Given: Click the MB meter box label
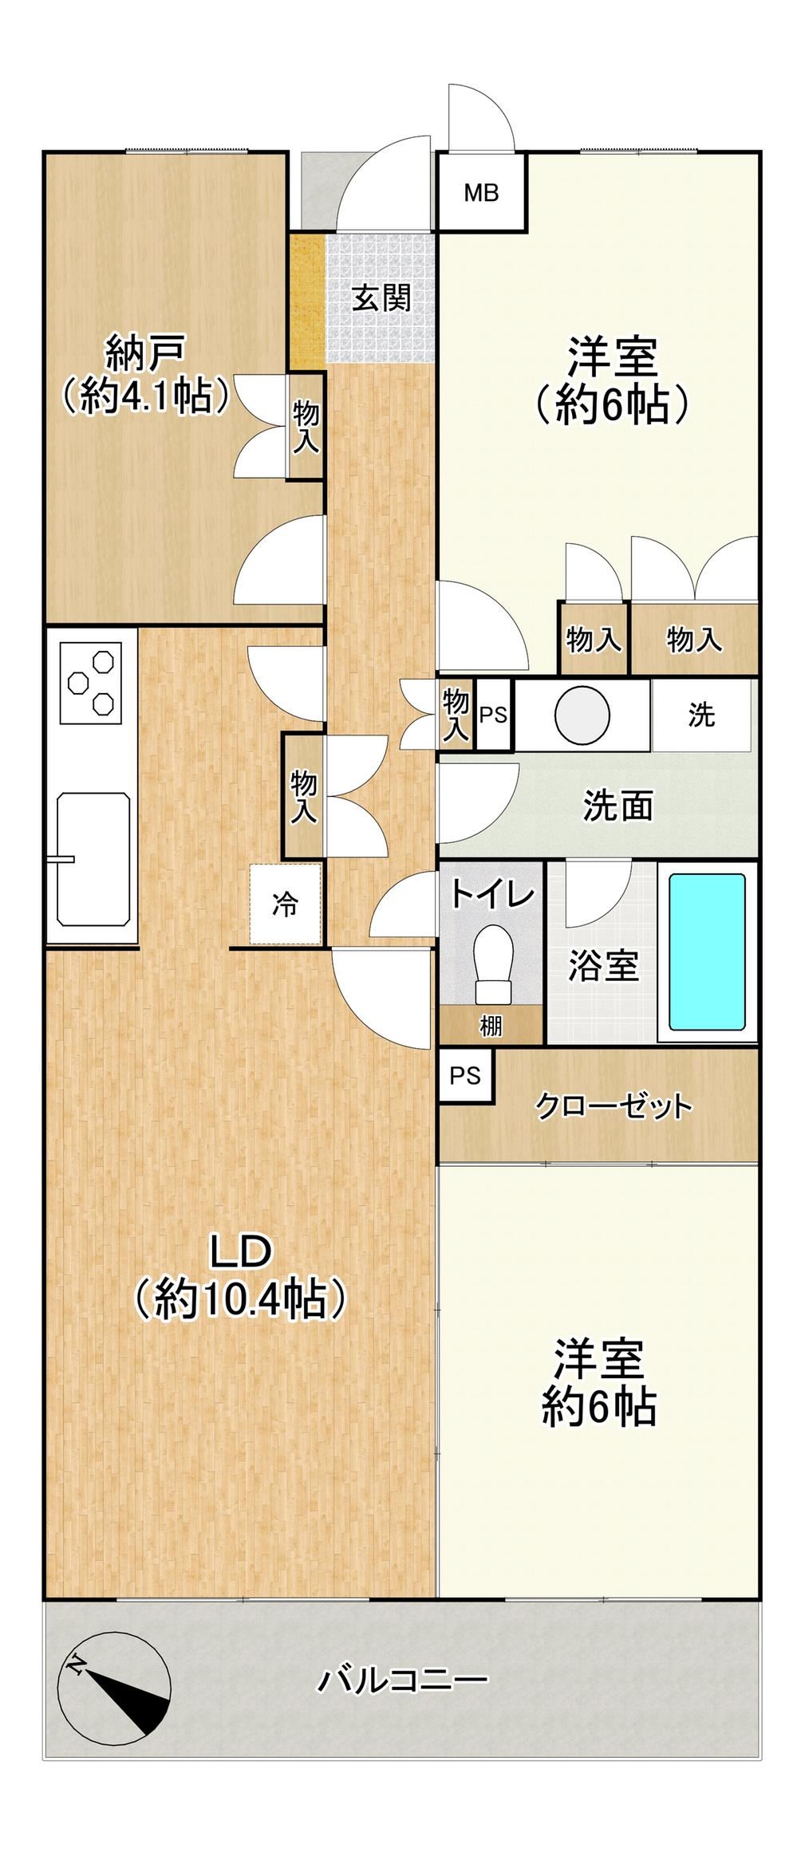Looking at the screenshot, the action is point(482,192).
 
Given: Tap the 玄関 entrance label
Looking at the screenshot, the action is point(382,298).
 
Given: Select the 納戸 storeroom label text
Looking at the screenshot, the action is point(146,353).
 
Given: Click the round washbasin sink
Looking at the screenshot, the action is point(582,714).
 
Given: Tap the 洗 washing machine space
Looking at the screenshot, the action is point(701,715).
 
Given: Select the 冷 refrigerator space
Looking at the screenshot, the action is point(286,904).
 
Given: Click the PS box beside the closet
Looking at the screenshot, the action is point(466,1076).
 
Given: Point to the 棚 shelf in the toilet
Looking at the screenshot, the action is point(491,1025).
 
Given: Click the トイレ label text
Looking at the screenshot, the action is point(491,895).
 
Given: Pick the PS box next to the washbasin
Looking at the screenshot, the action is point(493,715).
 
